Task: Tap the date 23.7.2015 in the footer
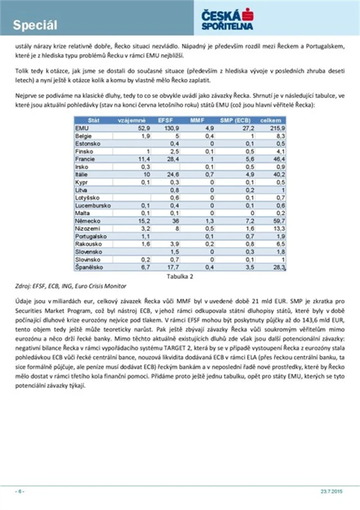pyautogui.click(x=332, y=491)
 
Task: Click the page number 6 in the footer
pyautogui.click(x=19, y=491)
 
